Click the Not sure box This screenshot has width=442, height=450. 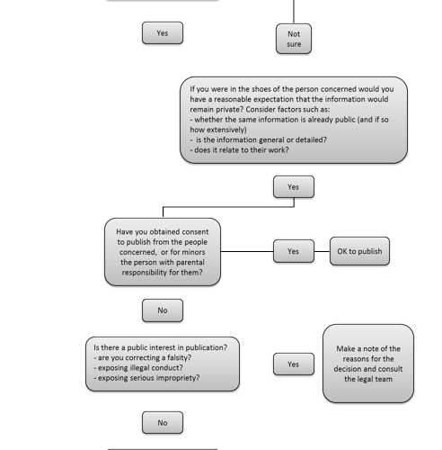pos(294,39)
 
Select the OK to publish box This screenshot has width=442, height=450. pos(359,251)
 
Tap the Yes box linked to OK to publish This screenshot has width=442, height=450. pos(294,251)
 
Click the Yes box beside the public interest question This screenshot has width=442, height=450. pos(294,364)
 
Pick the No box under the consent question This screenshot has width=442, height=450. pos(163,310)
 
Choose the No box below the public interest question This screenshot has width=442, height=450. pos(163,423)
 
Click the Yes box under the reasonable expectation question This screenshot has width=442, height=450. pos(294,187)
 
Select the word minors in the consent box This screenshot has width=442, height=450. pos(194,252)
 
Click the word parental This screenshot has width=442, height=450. pos(190,263)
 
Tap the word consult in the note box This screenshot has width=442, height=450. pos(388,369)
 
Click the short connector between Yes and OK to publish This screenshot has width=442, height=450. pos(322,251)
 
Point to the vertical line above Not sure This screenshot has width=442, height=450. pos(294,12)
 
